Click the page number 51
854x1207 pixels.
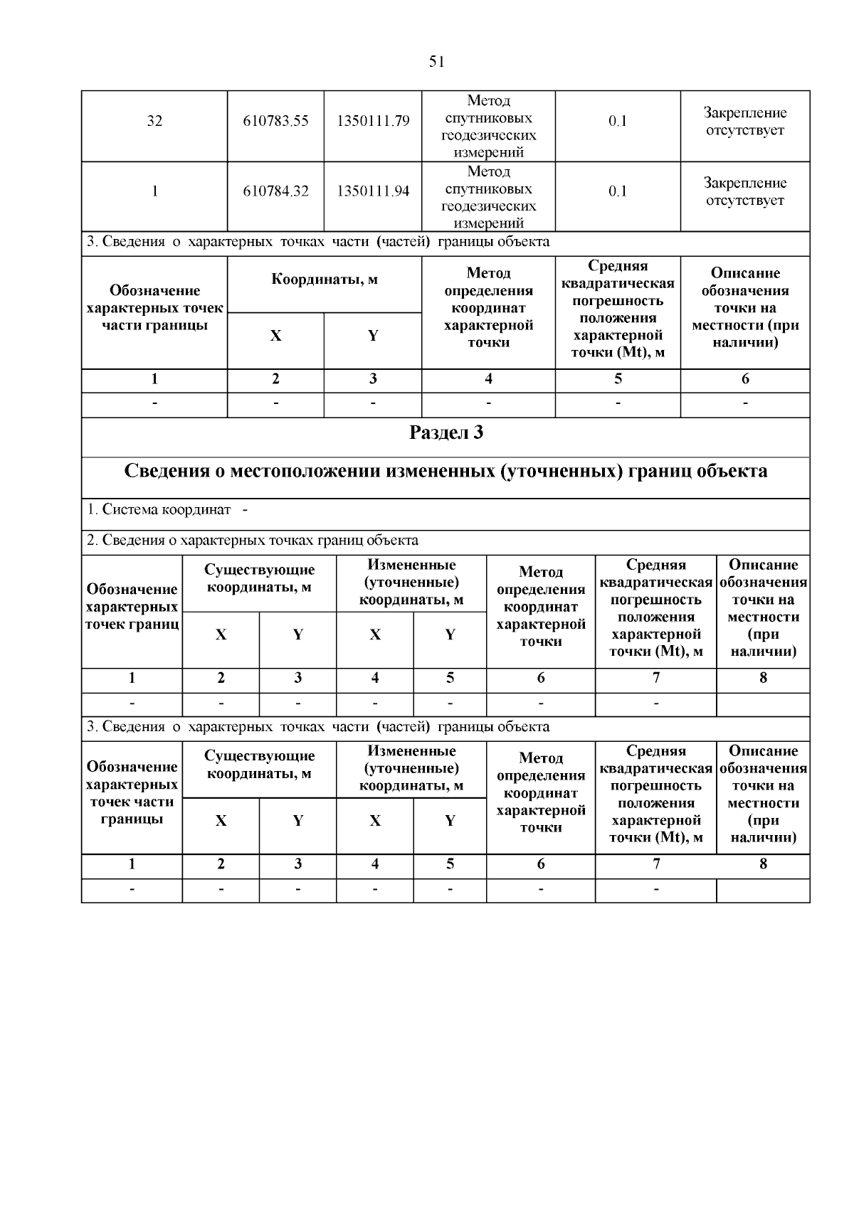point(437,62)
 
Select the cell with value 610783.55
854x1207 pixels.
point(275,121)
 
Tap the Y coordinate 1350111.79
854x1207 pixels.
point(373,121)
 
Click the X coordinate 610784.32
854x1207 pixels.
point(275,191)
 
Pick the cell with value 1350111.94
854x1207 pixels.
point(373,191)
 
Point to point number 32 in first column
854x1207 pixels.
point(154,121)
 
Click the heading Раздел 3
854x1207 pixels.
point(446,432)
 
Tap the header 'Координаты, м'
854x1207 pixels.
point(325,280)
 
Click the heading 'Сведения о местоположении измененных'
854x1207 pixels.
point(446,472)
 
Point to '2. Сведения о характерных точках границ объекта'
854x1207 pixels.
point(253,541)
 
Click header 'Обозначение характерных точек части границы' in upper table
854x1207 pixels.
point(154,308)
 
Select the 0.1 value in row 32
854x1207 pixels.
point(618,121)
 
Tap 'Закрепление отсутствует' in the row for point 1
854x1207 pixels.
point(745,191)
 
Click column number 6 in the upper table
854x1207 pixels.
point(745,379)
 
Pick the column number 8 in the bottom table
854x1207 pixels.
point(763,864)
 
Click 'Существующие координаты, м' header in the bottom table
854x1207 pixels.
point(259,765)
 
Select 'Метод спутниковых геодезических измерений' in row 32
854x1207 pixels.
point(488,127)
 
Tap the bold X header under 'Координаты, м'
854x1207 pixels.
point(275,336)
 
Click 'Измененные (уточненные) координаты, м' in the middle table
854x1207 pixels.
point(411,583)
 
